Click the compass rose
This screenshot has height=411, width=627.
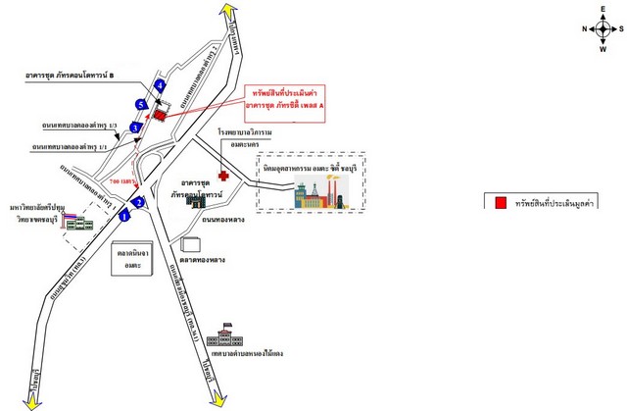[599, 28]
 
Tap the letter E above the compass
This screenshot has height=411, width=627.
[599, 8]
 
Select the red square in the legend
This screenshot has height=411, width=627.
[501, 203]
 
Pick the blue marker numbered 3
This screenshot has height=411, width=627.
[136, 128]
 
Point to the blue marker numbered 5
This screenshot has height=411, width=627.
[142, 104]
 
